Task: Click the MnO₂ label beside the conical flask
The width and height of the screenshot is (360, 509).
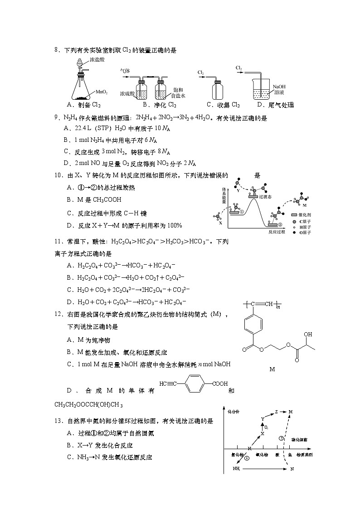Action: click(x=101, y=92)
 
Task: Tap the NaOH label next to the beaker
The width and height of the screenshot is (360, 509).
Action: click(x=279, y=86)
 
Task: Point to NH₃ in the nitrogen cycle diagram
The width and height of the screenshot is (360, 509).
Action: click(x=236, y=469)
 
